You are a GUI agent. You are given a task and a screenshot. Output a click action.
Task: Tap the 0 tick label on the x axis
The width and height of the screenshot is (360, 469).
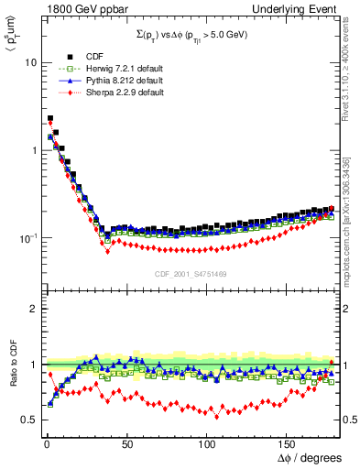[45, 443]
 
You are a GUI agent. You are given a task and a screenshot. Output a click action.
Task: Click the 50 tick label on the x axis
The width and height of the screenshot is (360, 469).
[126, 443]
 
